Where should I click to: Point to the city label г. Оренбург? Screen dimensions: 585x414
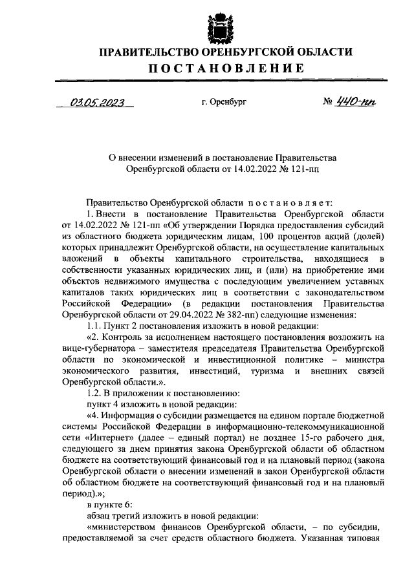[x=224, y=102]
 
